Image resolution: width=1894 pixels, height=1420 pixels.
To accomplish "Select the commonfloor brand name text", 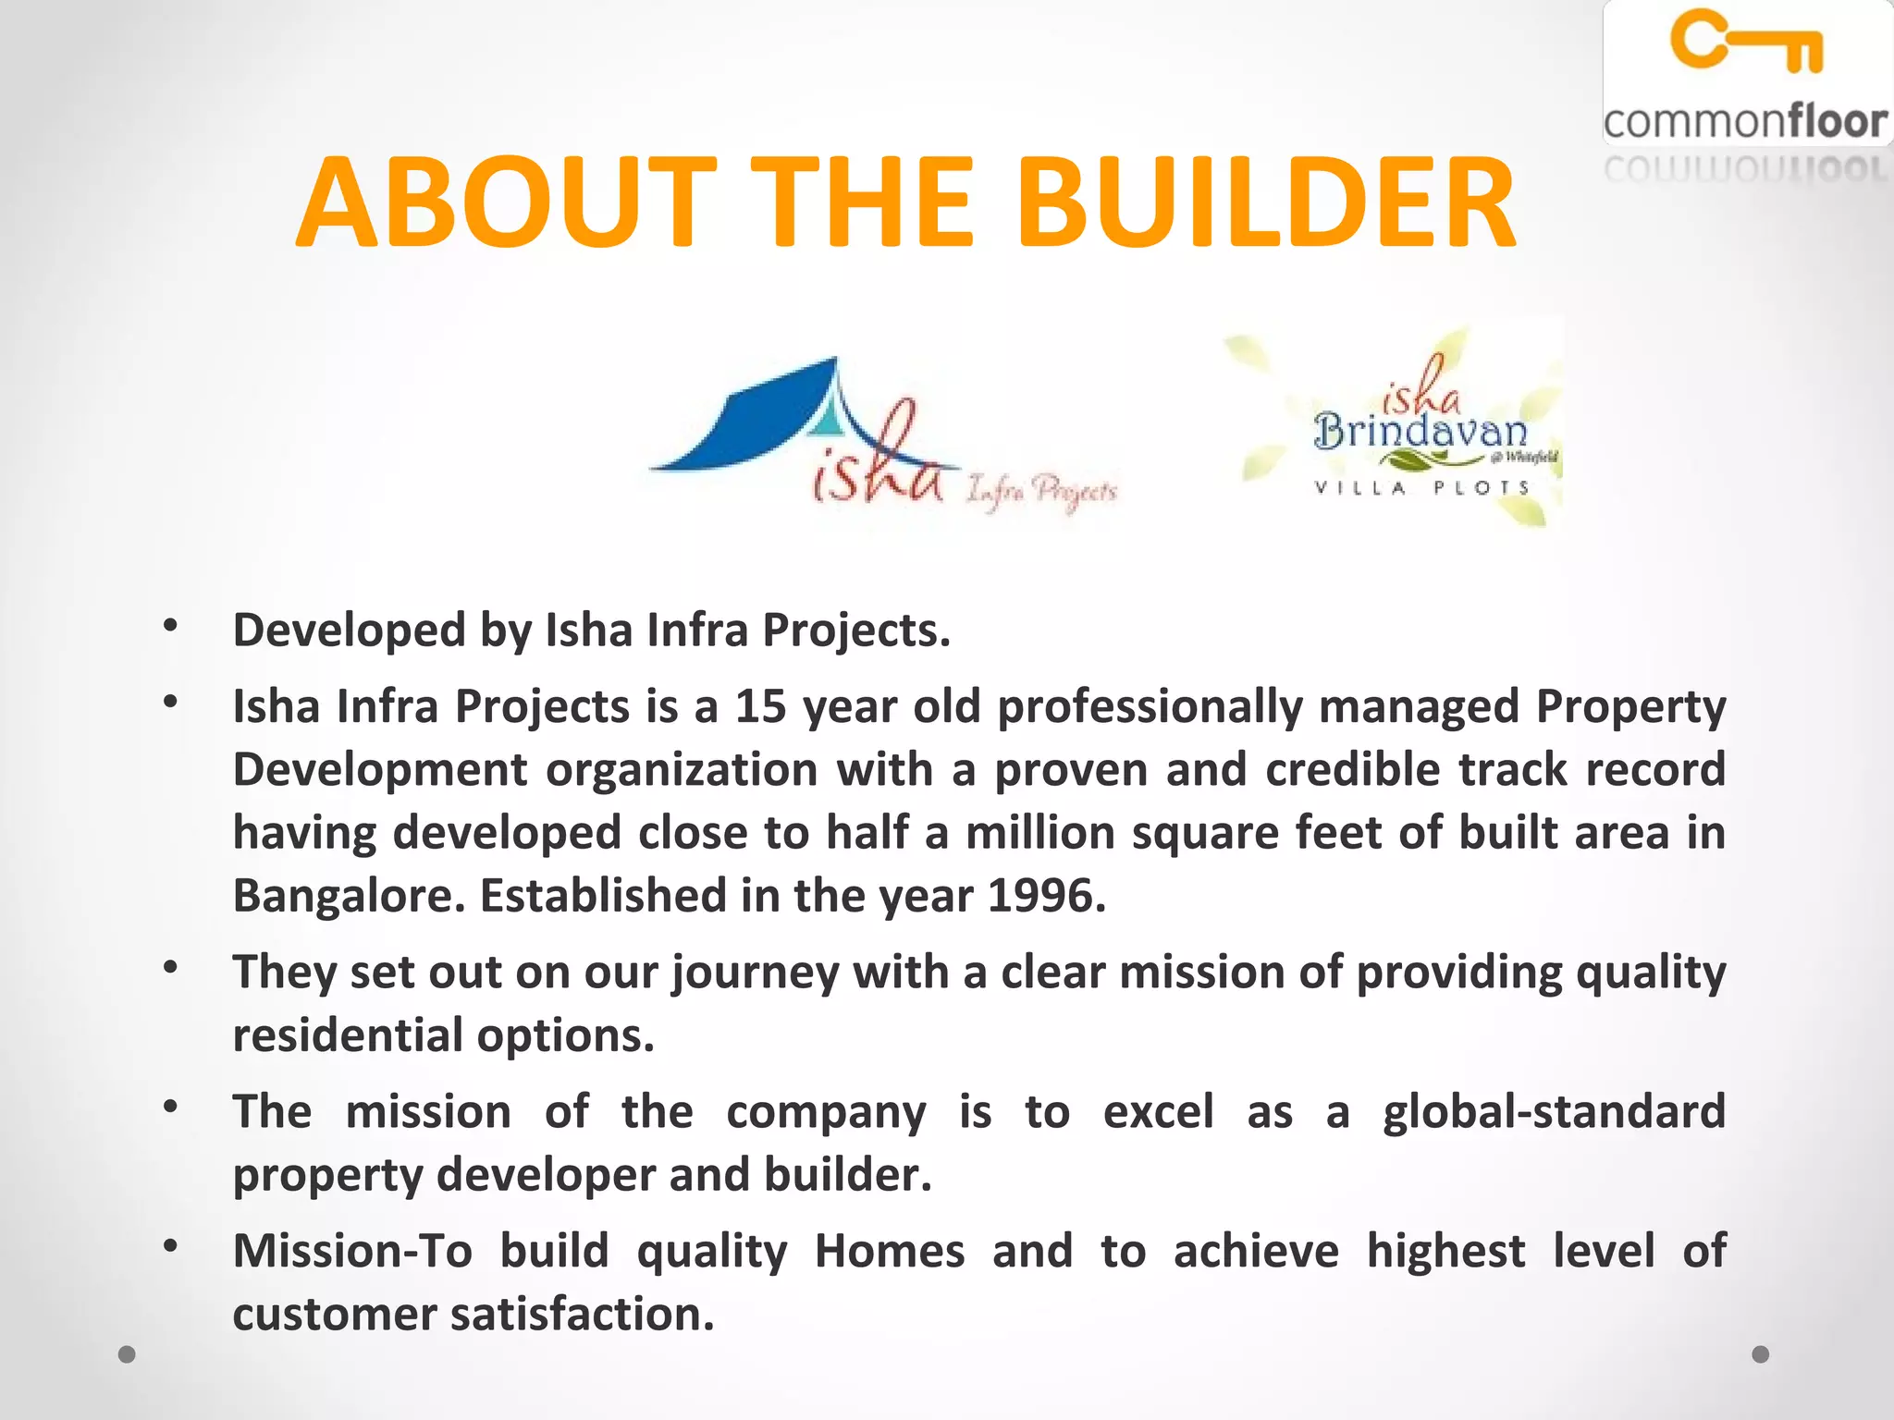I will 1745,122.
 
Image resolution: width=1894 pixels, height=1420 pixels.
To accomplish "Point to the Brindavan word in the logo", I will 1420,432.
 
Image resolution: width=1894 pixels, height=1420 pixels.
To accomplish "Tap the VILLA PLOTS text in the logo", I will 1421,487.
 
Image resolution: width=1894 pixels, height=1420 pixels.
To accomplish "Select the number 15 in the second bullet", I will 760,706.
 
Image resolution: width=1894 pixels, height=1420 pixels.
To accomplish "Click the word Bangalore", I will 348,896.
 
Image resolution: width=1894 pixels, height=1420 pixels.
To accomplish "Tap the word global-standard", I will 1554,1111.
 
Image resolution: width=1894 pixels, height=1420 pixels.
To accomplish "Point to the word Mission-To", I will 352,1251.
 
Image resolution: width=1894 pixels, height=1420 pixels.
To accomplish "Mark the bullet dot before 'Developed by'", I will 169,627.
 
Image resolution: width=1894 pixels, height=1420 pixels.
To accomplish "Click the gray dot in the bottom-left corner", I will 128,1354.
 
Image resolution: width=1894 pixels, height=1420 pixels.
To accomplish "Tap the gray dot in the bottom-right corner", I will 1761,1354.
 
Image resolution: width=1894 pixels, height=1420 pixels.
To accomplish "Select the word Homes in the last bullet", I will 889,1251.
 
